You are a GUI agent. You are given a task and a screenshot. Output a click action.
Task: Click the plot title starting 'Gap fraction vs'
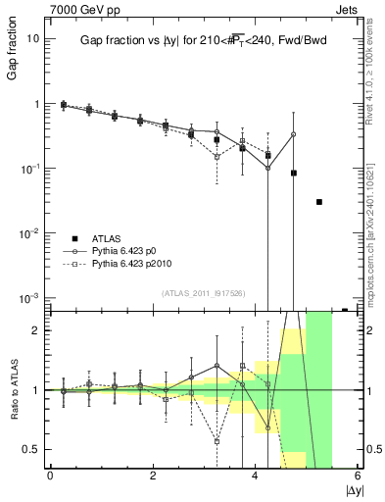(204, 40)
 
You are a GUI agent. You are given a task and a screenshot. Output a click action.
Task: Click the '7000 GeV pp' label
(77, 9)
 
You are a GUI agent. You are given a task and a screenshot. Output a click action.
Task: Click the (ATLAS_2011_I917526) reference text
(204, 292)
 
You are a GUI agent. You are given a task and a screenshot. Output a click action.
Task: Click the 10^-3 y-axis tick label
(31, 297)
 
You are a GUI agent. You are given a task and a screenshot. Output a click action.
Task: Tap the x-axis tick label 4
(256, 476)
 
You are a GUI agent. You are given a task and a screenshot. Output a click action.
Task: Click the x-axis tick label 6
(359, 476)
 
